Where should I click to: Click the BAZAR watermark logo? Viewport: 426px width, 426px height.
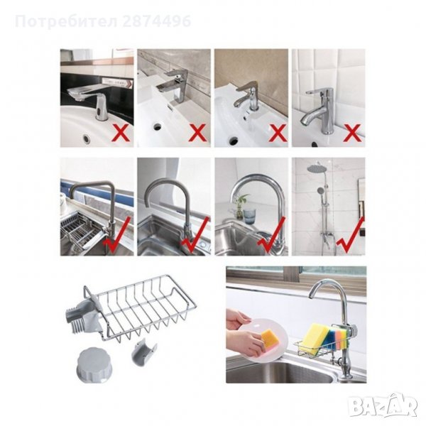(383, 406)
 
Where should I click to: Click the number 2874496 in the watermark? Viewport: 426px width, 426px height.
(157, 21)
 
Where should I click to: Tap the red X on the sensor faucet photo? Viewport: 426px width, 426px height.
(121, 132)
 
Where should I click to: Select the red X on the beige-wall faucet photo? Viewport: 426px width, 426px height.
(277, 133)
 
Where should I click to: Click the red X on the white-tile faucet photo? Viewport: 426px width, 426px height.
(352, 133)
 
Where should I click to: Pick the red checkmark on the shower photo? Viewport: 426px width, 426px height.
(350, 235)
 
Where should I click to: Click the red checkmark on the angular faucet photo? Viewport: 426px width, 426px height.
(119, 235)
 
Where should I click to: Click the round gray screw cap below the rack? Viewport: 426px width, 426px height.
(92, 364)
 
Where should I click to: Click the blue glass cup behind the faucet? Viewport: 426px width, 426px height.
(248, 217)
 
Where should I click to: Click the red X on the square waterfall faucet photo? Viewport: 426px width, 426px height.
(199, 133)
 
